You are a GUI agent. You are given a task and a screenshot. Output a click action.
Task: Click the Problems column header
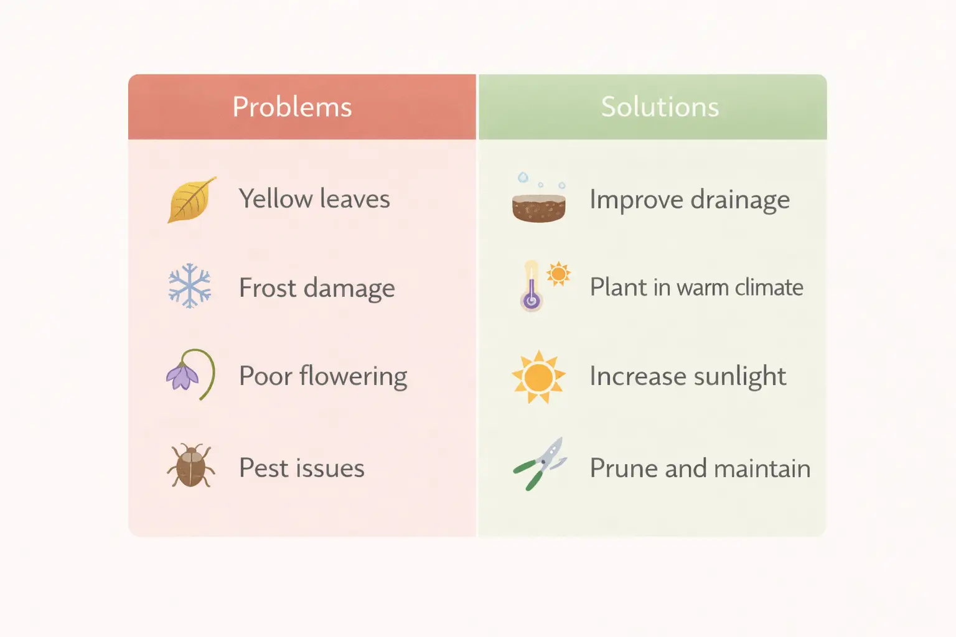click(292, 107)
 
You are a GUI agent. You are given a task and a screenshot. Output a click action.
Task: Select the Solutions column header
click(660, 107)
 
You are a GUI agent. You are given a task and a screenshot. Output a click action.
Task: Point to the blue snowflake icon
click(190, 286)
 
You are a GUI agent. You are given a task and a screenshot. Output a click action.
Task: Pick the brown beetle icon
click(190, 465)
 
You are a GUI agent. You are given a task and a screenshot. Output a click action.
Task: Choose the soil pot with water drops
click(539, 205)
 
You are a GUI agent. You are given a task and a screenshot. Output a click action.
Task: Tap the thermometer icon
click(532, 287)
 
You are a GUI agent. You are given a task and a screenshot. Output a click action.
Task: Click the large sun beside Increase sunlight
click(538, 376)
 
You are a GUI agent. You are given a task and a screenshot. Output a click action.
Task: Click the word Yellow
click(276, 199)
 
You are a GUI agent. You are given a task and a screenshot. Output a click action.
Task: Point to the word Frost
click(268, 288)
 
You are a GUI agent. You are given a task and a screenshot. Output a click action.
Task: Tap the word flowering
click(353, 376)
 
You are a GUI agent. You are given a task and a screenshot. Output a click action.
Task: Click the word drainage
click(739, 200)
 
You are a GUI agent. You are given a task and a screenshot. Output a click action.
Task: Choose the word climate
click(769, 287)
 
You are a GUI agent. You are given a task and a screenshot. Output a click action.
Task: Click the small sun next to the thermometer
click(558, 273)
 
